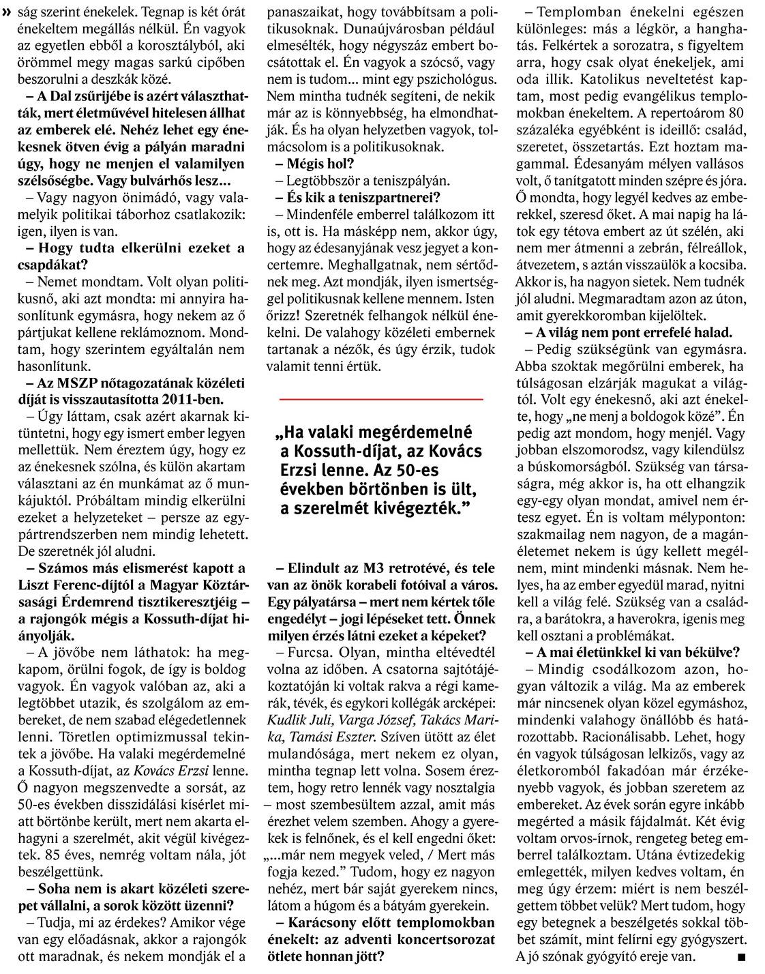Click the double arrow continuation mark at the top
(7, 12)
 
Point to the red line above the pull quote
(381, 398)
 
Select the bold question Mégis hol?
(315, 164)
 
